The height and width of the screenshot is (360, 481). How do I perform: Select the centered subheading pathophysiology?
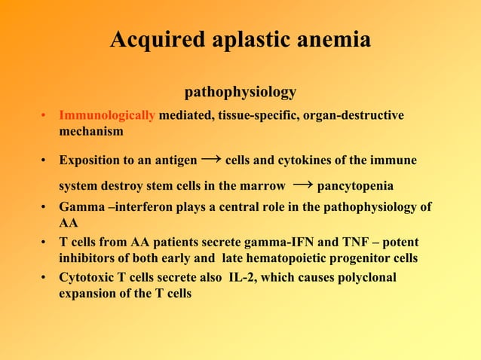pos(240,93)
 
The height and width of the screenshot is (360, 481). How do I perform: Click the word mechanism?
pos(91,131)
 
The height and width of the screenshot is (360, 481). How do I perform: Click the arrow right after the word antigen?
pos(212,160)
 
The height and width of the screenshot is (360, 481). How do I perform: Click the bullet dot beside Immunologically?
pos(45,116)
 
